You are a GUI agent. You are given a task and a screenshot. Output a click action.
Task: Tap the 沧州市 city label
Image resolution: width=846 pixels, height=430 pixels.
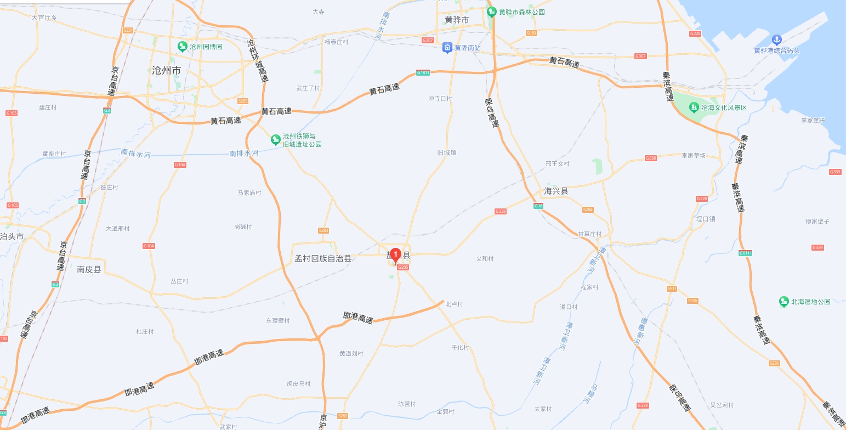click(167, 71)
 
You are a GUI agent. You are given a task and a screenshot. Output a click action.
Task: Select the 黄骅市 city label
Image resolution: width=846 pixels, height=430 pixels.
click(457, 20)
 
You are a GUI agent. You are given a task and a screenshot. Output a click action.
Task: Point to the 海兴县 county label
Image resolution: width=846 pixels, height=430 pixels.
click(556, 191)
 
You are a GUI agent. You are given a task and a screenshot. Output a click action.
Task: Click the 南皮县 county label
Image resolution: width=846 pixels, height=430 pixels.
click(89, 269)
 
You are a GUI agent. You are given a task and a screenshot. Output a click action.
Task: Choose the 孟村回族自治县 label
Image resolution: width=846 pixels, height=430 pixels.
click(323, 258)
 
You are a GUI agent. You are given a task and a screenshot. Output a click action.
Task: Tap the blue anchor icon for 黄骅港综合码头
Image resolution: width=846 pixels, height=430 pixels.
click(776, 39)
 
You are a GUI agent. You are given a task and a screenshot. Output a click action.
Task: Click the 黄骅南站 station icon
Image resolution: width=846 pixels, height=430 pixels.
click(447, 48)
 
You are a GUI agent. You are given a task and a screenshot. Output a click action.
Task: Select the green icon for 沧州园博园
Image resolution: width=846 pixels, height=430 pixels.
click(183, 47)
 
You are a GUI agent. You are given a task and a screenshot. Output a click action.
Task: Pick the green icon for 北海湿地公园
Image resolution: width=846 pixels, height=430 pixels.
click(784, 302)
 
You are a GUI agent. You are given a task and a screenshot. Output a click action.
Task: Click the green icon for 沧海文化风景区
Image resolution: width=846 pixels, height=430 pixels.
click(694, 107)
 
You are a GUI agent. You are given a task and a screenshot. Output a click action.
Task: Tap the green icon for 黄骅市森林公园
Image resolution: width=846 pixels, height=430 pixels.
click(492, 12)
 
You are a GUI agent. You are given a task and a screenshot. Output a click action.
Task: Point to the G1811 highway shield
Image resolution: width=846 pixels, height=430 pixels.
click(423, 72)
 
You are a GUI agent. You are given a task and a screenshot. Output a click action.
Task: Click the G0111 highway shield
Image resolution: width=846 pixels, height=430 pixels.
click(745, 253)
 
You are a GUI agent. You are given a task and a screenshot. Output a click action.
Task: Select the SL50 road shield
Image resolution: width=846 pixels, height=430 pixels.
click(531, 33)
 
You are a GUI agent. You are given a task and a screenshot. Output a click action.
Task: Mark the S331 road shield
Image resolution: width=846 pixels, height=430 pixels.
click(128, 31)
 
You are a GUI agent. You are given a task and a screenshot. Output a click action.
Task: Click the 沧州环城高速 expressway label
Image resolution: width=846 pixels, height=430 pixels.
click(258, 60)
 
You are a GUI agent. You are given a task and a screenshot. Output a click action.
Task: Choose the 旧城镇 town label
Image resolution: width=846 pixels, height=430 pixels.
click(446, 152)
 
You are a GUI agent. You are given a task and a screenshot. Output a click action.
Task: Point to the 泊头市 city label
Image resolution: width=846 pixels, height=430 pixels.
click(12, 236)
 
